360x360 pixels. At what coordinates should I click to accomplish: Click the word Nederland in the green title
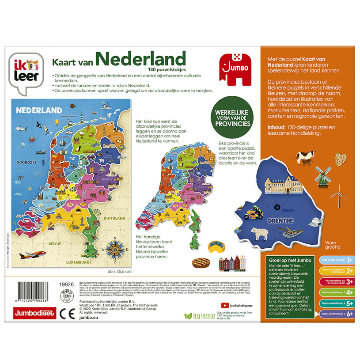pos(141,59)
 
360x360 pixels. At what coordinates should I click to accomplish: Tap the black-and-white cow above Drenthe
pos(306,158)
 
